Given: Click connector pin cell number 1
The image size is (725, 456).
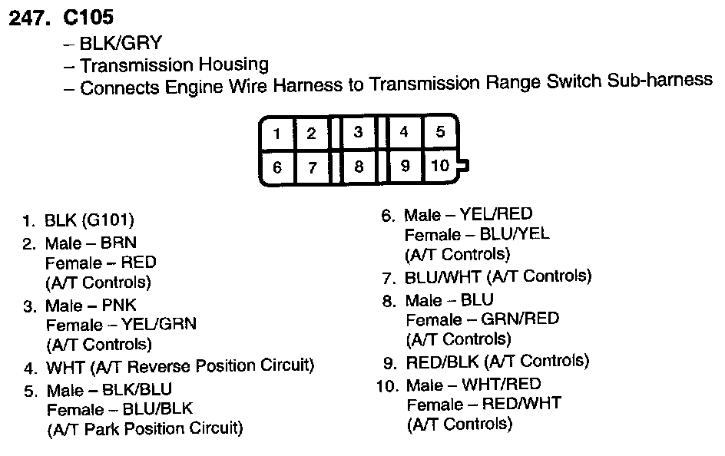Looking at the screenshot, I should (x=276, y=134).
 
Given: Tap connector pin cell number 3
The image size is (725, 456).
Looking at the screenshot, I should (x=358, y=132).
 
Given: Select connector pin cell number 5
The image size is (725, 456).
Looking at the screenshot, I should (x=440, y=131).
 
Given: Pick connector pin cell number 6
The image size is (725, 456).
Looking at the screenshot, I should (x=277, y=168).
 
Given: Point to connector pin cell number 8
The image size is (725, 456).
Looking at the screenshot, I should (x=359, y=167).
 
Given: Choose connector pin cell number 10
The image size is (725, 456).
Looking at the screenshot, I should (x=440, y=165).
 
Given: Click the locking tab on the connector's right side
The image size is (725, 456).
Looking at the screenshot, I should (x=463, y=164).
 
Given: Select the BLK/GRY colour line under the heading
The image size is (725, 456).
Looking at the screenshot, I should (x=126, y=44).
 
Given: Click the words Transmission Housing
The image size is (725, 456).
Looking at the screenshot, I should (x=174, y=65).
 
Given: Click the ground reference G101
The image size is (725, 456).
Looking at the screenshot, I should (x=111, y=222).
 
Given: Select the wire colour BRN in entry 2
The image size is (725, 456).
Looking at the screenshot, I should (x=118, y=243).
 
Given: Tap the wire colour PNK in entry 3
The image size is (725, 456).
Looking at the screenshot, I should (x=118, y=306).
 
